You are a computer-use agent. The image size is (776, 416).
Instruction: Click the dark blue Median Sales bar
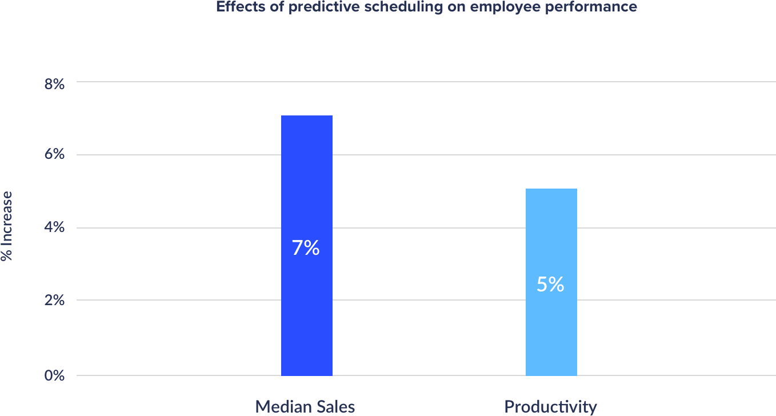[x=306, y=171]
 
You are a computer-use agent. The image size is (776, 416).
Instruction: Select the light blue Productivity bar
[x=551, y=229]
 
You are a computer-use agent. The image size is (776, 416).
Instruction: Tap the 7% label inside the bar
[x=306, y=248]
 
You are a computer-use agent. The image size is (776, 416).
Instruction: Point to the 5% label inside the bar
[x=550, y=285]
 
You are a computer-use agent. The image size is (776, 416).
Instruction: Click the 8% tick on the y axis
[x=54, y=83]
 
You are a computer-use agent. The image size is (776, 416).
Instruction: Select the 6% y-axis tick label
[x=54, y=155]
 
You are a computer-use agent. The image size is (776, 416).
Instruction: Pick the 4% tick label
[x=54, y=228]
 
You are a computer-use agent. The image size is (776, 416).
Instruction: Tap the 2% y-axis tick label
[x=54, y=301]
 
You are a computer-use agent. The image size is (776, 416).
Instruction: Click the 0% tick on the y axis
[x=54, y=376]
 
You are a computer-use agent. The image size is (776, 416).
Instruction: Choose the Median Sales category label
[x=305, y=407]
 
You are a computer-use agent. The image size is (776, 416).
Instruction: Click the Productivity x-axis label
[x=550, y=407]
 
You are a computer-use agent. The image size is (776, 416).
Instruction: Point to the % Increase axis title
[x=7, y=226]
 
